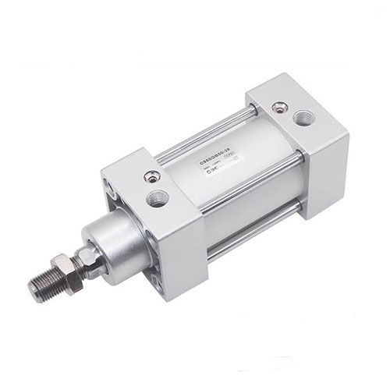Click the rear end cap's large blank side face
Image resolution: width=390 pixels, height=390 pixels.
(x=324, y=168)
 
